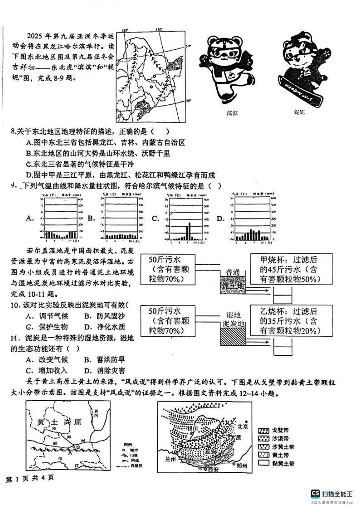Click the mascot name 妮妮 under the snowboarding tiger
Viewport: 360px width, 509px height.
(299, 111)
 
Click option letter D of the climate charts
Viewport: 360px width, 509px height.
(221, 218)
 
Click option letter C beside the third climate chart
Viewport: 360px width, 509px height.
(155, 218)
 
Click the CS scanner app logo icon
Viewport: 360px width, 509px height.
(315, 494)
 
